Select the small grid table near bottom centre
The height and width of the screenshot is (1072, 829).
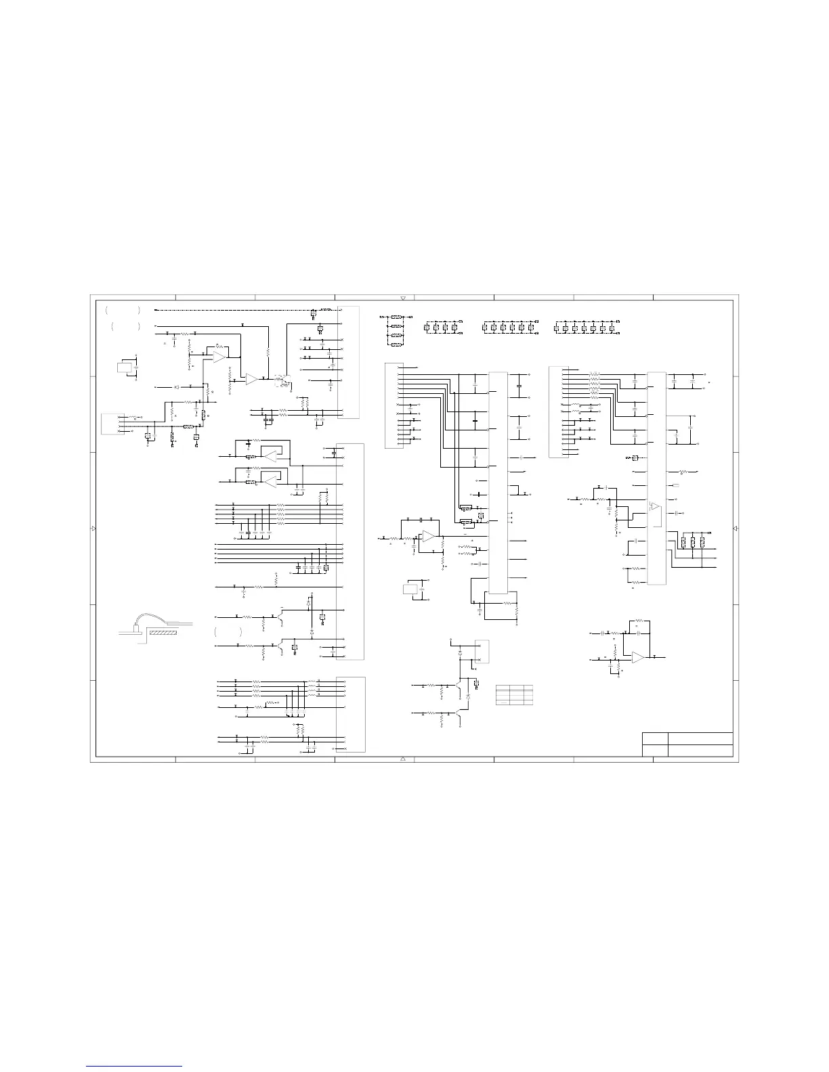click(515, 695)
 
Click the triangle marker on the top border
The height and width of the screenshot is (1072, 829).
click(403, 298)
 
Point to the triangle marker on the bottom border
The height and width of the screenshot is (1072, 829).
click(403, 759)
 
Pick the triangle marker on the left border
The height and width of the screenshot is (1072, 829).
click(93, 529)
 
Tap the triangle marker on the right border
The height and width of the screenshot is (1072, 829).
click(736, 529)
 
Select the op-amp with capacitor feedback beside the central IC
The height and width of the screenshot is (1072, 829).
click(428, 537)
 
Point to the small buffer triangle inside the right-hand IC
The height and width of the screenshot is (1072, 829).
click(654, 505)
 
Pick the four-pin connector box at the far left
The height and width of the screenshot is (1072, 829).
click(112, 424)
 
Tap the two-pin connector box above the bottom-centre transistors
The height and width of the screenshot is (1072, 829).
click(482, 652)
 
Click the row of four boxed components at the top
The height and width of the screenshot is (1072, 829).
click(441, 328)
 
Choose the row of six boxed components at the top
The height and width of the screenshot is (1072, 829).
click(508, 328)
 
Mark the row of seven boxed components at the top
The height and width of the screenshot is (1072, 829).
click(584, 328)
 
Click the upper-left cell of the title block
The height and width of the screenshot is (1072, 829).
click(654, 738)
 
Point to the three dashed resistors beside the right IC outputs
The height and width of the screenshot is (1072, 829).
click(693, 541)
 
